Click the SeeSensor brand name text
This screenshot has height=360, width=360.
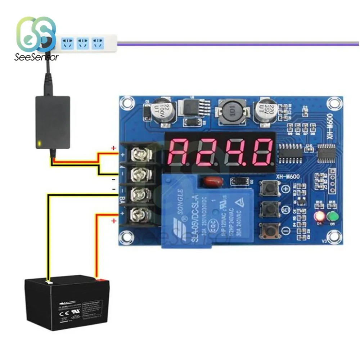[36, 57]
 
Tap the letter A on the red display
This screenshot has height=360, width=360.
[180, 151]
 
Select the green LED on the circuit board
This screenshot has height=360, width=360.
[332, 217]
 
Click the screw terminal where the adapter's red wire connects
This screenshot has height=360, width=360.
[138, 155]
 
